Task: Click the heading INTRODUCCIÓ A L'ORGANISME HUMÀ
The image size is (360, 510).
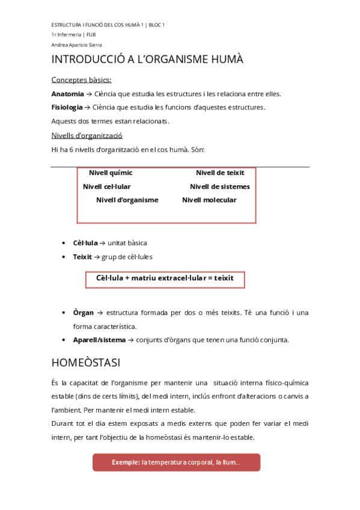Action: click(x=147, y=60)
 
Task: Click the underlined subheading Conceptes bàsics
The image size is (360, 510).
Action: click(x=81, y=80)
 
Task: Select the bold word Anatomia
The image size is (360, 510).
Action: click(x=68, y=94)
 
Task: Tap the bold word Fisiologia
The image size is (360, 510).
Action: click(x=67, y=107)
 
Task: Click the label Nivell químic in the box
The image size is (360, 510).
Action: click(x=111, y=173)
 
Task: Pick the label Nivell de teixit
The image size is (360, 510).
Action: click(x=220, y=173)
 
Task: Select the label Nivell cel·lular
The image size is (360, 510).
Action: click(x=106, y=186)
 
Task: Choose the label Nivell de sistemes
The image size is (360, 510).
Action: click(x=219, y=186)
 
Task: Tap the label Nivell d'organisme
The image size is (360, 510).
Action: click(x=127, y=200)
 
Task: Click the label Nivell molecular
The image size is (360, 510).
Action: click(x=209, y=200)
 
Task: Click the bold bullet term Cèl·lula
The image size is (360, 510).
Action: click(x=85, y=243)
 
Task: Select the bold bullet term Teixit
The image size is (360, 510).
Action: click(x=82, y=257)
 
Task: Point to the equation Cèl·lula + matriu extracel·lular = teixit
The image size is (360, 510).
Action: click(x=165, y=278)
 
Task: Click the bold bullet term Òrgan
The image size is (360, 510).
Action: click(x=84, y=313)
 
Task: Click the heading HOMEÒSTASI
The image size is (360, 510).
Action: click(x=86, y=363)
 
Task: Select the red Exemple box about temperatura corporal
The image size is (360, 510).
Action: click(x=176, y=462)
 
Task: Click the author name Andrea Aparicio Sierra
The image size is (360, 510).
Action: click(x=76, y=45)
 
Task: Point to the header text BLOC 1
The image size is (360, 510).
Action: click(x=156, y=25)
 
